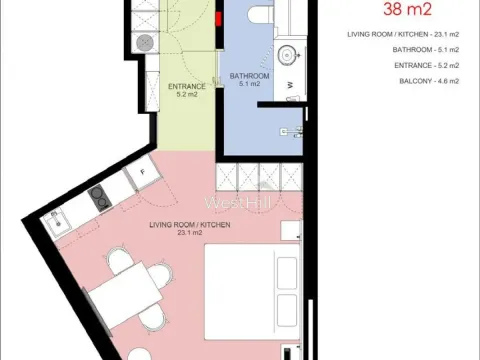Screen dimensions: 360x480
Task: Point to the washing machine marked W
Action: [x=290, y=89]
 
